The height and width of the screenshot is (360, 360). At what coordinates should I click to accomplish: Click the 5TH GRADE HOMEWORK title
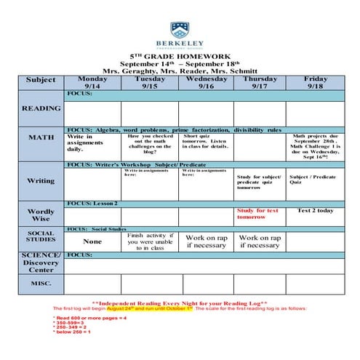180,56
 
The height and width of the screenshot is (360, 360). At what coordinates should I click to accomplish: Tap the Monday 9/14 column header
92,82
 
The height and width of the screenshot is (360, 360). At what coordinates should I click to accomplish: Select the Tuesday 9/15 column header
150,82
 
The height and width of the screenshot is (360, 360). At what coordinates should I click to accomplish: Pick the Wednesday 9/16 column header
206,82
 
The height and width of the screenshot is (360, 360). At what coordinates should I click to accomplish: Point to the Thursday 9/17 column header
260,82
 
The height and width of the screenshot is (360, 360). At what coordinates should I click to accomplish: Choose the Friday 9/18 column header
315,82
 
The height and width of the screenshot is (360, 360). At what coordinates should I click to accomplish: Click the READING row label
41,108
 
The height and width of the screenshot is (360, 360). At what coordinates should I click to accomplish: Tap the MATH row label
41,137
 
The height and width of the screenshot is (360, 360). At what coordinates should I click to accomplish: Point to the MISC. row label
41,284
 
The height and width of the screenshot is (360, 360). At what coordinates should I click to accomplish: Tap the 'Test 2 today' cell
315,211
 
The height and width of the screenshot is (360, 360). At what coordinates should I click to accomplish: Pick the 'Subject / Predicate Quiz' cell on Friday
313,179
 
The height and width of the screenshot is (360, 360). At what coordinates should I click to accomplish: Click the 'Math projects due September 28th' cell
315,145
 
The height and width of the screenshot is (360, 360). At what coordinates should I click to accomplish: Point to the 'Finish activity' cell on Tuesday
150,241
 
